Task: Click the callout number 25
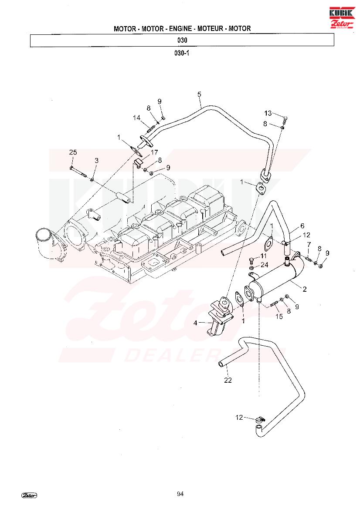(x=73, y=152)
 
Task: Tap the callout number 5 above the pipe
(x=199, y=94)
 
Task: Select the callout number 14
(x=137, y=118)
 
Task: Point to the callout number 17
(x=154, y=152)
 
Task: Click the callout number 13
(x=268, y=113)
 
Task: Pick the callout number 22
(x=228, y=380)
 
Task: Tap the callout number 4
(x=195, y=323)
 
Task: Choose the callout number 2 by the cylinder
(x=305, y=289)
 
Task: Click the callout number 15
(x=279, y=316)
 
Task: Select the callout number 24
(x=265, y=265)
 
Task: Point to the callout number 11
(x=263, y=256)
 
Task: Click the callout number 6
(x=302, y=226)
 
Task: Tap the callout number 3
(x=96, y=160)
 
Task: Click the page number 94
(x=180, y=494)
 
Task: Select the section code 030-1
(x=182, y=53)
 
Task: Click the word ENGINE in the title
(x=180, y=29)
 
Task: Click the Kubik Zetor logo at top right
(x=341, y=17)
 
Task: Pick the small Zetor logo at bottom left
(x=29, y=495)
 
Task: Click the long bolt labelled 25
(x=78, y=172)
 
